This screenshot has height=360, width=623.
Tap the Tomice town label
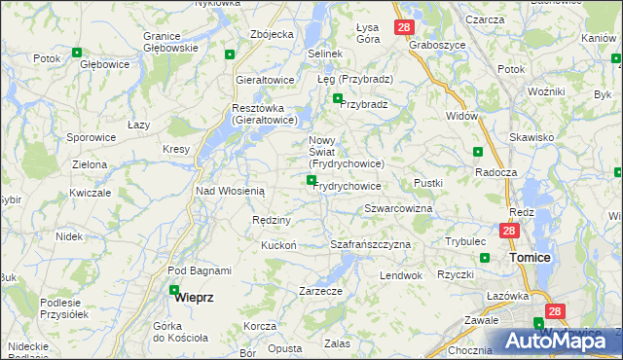(531, 258)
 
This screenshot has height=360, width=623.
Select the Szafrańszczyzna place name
(371, 244)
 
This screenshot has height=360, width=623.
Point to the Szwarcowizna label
(398, 209)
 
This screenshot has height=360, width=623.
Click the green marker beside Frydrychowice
(311, 180)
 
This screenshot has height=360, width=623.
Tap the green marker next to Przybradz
(338, 98)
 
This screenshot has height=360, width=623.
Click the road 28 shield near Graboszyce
(403, 28)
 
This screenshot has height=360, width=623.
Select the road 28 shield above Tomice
(509, 231)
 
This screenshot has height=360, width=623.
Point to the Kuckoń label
(278, 245)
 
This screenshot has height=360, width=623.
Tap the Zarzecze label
(320, 291)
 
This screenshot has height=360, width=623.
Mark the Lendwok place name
(401, 275)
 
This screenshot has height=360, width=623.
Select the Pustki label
(428, 183)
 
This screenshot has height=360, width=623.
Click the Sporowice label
(92, 138)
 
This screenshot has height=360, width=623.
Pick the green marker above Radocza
(477, 152)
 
